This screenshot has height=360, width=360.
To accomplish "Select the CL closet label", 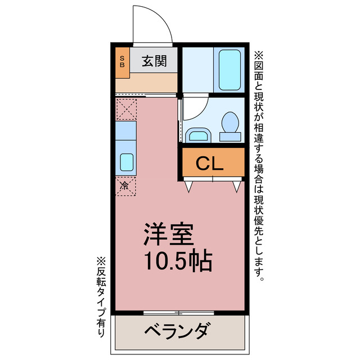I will tap(210, 163).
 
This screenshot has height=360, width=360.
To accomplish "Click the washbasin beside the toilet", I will tap(197, 135).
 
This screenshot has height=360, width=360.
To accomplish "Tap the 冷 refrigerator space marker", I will tap(125, 185).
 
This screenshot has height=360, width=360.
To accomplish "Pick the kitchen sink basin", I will tap(127, 162).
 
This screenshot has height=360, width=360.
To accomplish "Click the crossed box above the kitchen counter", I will tap(126, 108).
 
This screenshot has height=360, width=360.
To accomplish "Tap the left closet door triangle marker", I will tap(188, 186).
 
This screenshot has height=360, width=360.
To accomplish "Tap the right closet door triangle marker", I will tap(237, 186).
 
